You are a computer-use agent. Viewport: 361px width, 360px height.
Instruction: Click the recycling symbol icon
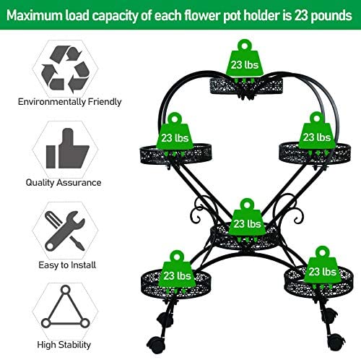pyautogui.click(x=65, y=69)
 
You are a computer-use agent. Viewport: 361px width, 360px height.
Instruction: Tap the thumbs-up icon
pyautogui.click(x=67, y=148)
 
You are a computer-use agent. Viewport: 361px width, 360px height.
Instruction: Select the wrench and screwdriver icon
pyautogui.click(x=65, y=231)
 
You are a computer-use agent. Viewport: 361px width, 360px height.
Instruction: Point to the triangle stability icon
pyautogui.click(x=65, y=307)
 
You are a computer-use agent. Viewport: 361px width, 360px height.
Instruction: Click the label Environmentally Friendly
pyautogui.click(x=70, y=102)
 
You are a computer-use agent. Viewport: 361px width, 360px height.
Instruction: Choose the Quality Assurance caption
pyautogui.click(x=64, y=182)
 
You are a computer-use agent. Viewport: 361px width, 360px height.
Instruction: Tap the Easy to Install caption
pyautogui.click(x=67, y=265)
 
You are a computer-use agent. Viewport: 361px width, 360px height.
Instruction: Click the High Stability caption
pyautogui.click(x=64, y=345)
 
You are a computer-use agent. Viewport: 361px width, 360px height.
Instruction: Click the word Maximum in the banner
pyautogui.click(x=35, y=15)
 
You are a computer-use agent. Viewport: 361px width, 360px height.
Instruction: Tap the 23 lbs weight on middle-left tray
pyautogui.click(x=175, y=134)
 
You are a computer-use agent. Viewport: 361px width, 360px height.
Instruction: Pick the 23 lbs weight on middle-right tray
pyautogui.click(x=317, y=134)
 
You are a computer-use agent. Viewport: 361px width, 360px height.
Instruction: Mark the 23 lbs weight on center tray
pyautogui.click(x=247, y=220)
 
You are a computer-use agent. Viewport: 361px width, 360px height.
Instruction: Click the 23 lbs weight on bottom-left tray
pyautogui.click(x=177, y=272)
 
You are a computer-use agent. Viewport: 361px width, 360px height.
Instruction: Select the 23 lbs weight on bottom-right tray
pyautogui.click(x=323, y=267)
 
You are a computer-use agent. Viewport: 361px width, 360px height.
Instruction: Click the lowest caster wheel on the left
pyautogui.click(x=156, y=345)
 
